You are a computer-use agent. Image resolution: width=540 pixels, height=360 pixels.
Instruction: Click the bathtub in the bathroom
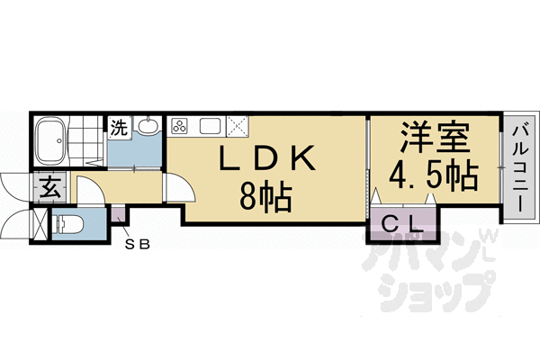click(55, 140)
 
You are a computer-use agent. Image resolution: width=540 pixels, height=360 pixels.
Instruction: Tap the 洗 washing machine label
click(119, 128)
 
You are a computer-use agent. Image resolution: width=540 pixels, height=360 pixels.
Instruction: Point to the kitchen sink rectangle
click(210, 125)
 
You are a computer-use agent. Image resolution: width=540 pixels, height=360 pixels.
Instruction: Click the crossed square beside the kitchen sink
click(237, 125)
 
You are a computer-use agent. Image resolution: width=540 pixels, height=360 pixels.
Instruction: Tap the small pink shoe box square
click(118, 217)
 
